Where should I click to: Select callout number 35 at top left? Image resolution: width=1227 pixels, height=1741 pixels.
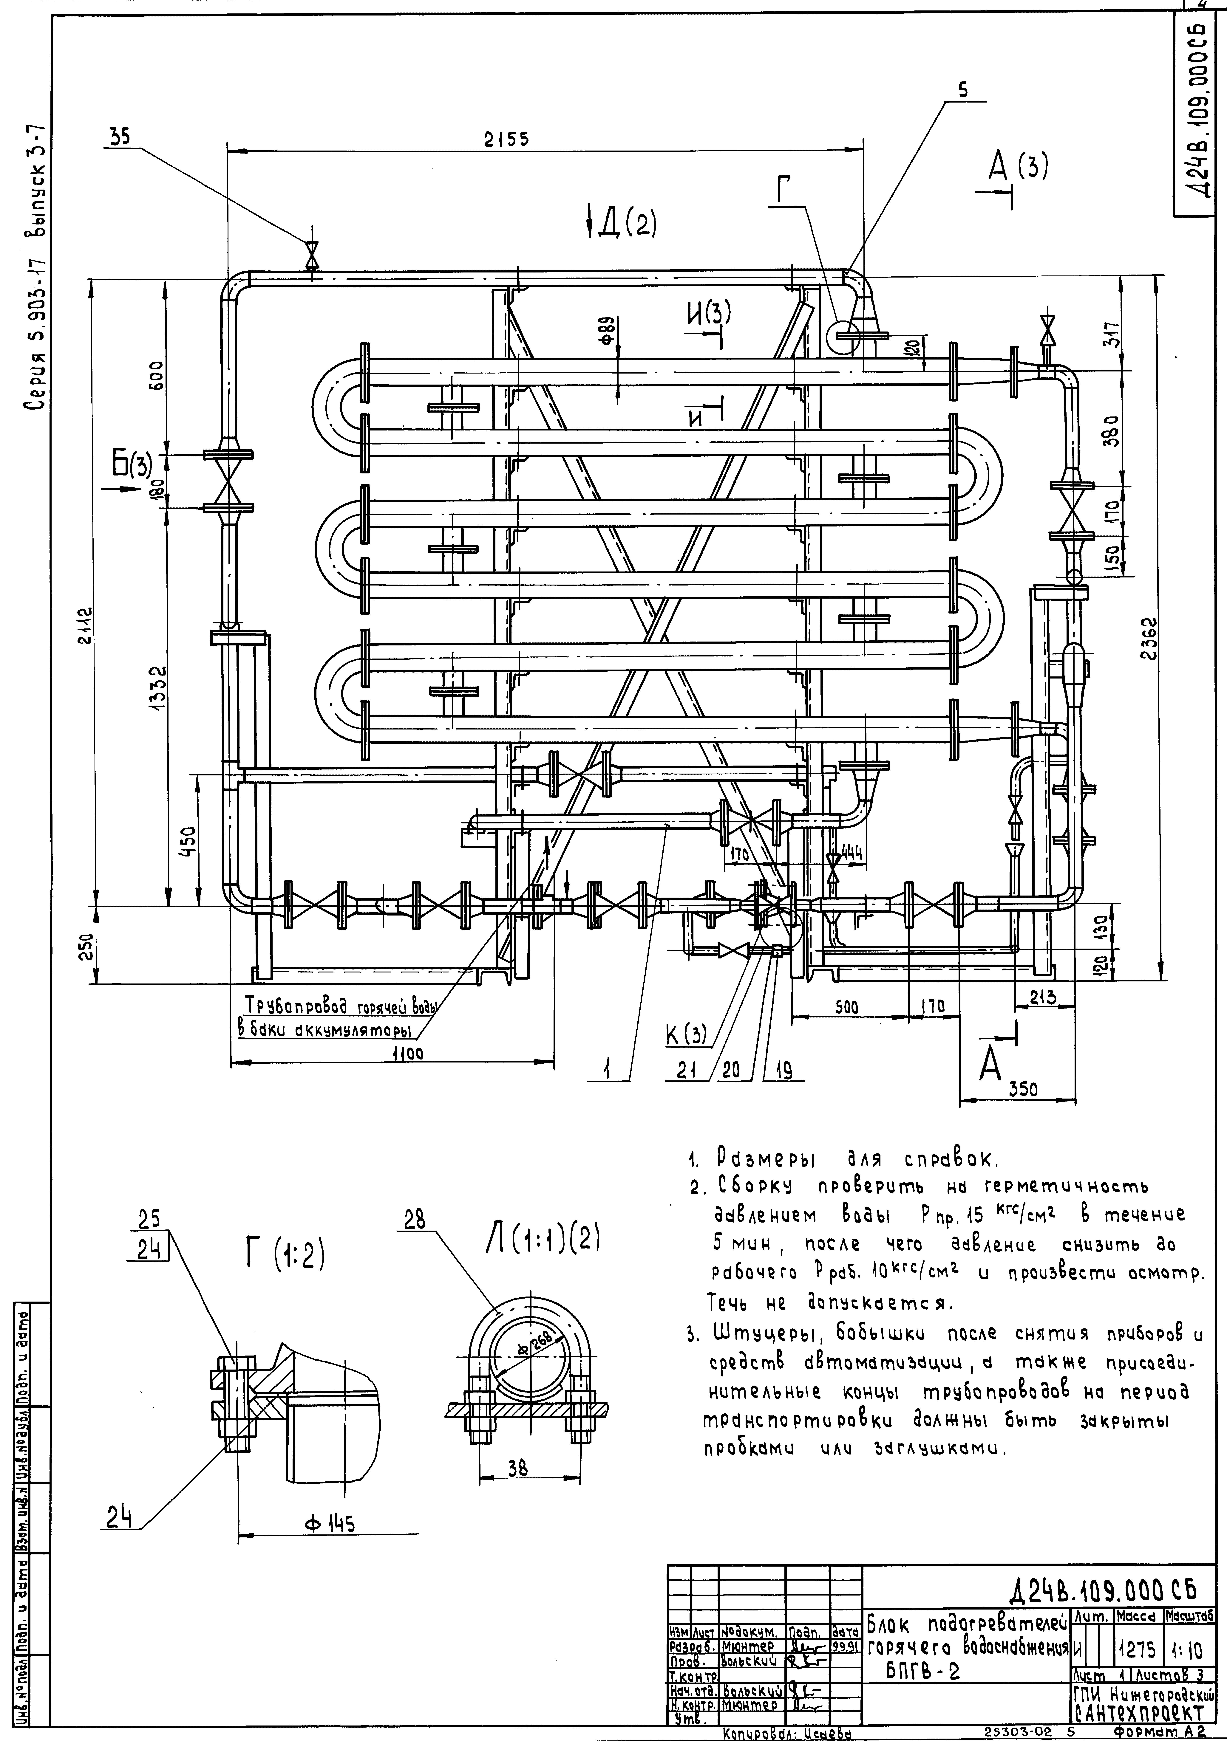point(118,136)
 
